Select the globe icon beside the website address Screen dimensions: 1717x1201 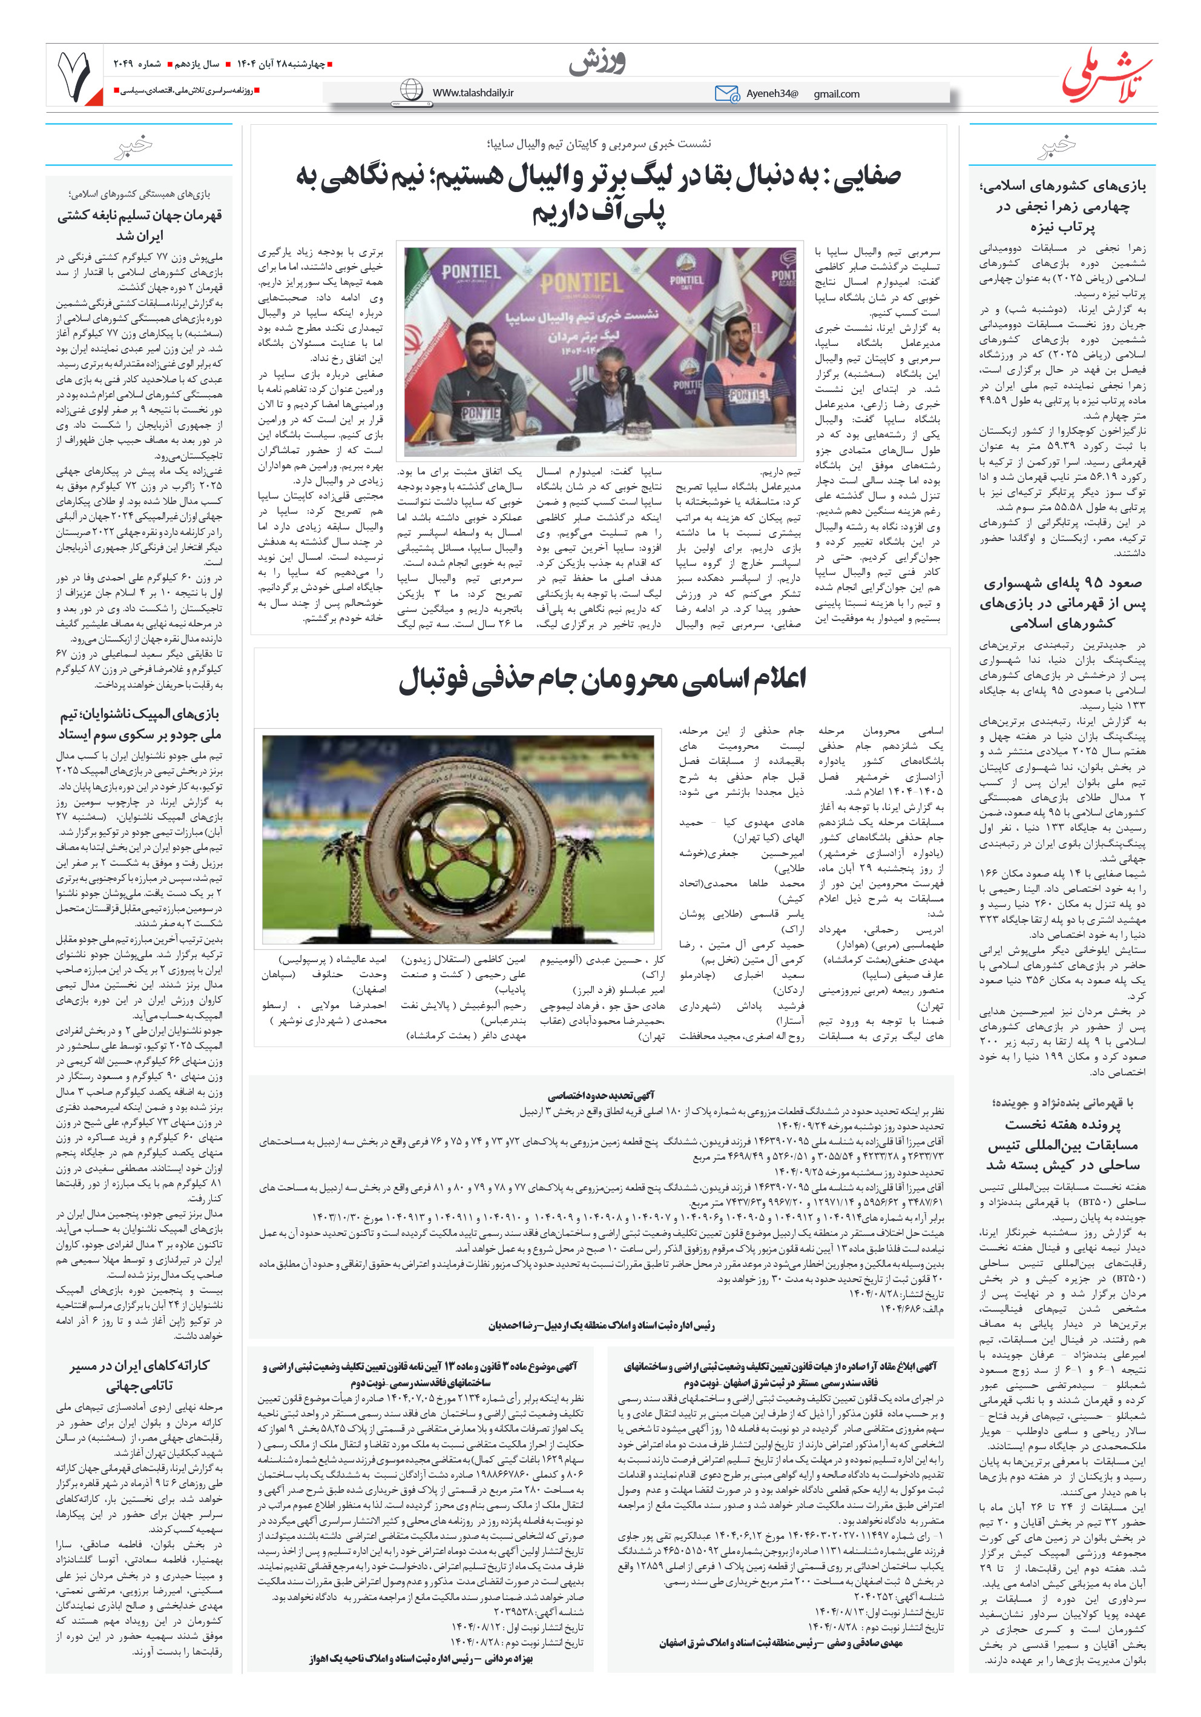pos(411,90)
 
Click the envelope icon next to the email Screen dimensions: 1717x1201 pos(726,93)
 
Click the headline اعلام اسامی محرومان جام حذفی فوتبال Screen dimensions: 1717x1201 pos(602,679)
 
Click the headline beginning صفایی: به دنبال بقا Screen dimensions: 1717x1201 pos(598,194)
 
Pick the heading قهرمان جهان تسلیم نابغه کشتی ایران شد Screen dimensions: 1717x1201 pos(140,225)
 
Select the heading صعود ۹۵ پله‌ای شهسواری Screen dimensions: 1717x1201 pos(1062,603)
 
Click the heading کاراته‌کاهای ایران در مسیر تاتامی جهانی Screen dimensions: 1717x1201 pos(140,1377)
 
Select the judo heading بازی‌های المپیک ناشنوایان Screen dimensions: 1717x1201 pos(140,724)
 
